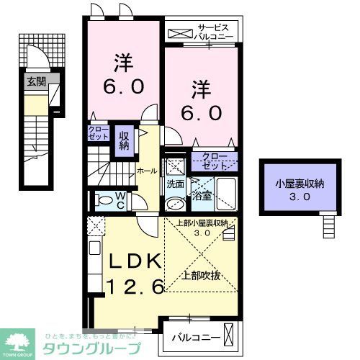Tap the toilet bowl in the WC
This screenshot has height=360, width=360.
(x=103, y=201)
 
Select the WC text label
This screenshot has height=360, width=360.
(x=122, y=199)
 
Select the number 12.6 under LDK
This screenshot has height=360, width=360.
(x=136, y=286)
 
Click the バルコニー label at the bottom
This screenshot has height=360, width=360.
(x=194, y=336)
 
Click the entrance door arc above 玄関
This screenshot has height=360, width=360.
(x=35, y=57)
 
